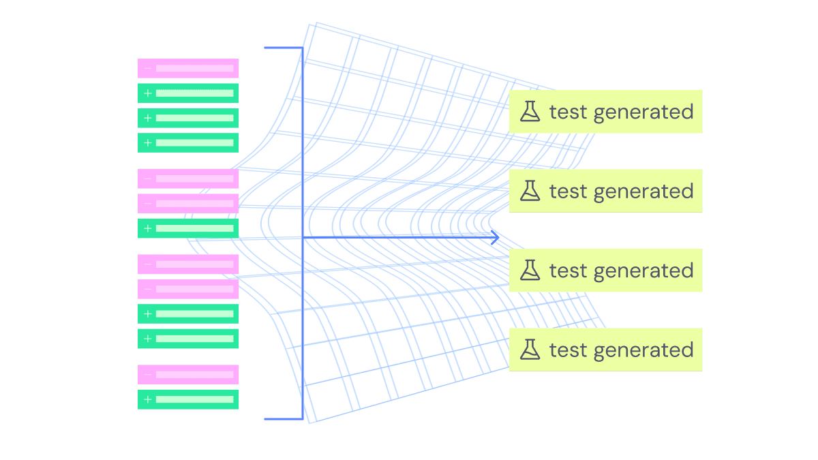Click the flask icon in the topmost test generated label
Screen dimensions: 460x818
point(530,112)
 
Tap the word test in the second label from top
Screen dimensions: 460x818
point(569,191)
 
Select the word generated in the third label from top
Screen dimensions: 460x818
point(643,271)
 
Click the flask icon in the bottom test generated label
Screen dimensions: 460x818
point(530,350)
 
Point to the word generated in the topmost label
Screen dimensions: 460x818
point(643,112)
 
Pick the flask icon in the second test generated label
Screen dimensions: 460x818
point(530,191)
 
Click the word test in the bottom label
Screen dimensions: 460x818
point(569,350)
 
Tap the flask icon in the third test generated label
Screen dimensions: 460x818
point(530,271)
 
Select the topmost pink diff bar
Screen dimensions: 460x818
point(188,68)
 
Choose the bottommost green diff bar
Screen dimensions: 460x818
point(188,399)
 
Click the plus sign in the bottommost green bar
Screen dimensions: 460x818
point(148,399)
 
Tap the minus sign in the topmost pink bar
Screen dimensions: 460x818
point(148,68)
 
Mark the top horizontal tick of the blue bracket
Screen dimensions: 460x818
point(282,48)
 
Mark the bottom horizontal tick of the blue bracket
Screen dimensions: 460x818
point(282,419)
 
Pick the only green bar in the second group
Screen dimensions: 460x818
point(188,228)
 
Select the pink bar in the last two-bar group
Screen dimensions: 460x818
point(188,374)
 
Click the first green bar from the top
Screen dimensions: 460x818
point(188,93)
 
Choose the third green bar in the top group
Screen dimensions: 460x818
point(188,142)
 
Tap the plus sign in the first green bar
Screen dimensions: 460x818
point(148,93)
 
